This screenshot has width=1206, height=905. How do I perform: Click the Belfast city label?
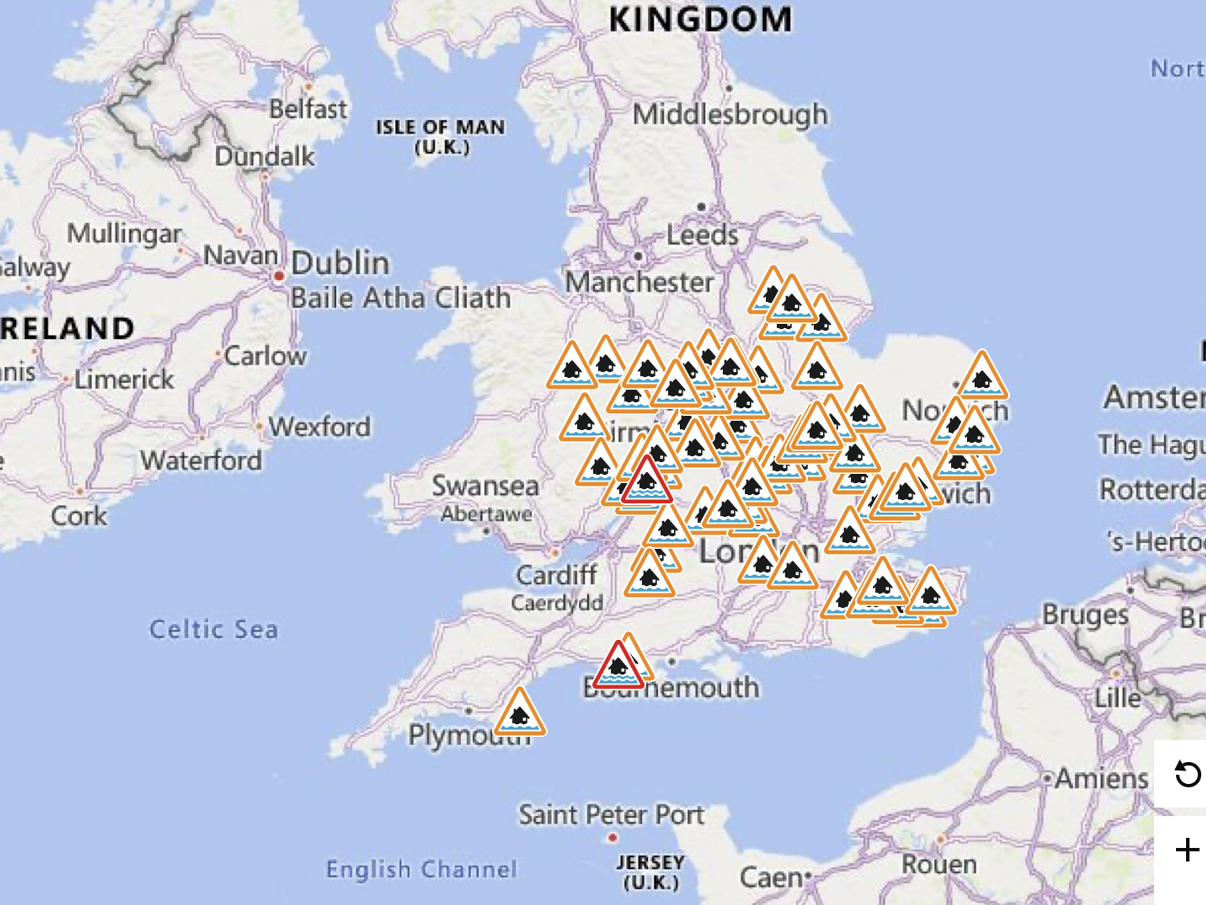pyautogui.click(x=308, y=109)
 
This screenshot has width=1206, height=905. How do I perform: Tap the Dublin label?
pyautogui.click(x=340, y=263)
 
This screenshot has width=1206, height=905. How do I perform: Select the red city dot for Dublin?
pyautogui.click(x=279, y=276)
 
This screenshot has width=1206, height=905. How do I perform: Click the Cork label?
pyautogui.click(x=79, y=516)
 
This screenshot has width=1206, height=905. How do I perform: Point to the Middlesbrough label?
pyautogui.click(x=730, y=114)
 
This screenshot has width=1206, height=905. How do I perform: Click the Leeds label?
pyautogui.click(x=702, y=235)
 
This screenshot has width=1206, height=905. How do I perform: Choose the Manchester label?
pyautogui.click(x=640, y=282)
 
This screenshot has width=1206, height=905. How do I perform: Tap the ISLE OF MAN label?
pyautogui.click(x=441, y=127)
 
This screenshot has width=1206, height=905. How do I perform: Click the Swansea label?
pyautogui.click(x=485, y=486)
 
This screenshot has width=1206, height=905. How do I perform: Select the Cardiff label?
pyautogui.click(x=557, y=575)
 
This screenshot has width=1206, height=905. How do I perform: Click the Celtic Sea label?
pyautogui.click(x=213, y=629)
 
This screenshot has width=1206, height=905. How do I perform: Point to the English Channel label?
pyautogui.click(x=421, y=869)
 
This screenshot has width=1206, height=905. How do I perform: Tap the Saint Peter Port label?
pyautogui.click(x=611, y=815)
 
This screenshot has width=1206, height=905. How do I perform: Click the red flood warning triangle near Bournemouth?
pyautogui.click(x=618, y=667)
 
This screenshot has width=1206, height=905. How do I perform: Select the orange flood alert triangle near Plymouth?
pyautogui.click(x=520, y=714)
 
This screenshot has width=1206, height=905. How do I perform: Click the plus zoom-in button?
pyautogui.click(x=1187, y=850)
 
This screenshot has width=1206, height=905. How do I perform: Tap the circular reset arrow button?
pyautogui.click(x=1187, y=774)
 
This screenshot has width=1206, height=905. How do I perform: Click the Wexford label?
pyautogui.click(x=320, y=427)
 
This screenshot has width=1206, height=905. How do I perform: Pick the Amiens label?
pyautogui.click(x=1102, y=778)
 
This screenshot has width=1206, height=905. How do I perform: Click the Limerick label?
pyautogui.click(x=124, y=379)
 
